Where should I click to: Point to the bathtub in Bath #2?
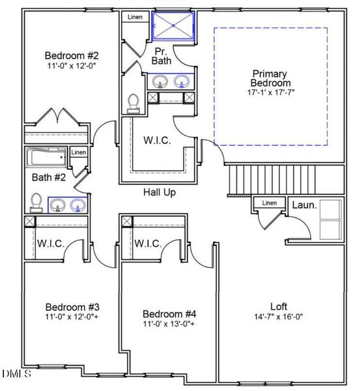pos(46,158)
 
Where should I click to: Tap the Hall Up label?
pos(159,192)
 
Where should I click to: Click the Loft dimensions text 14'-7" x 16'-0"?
pos(279,317)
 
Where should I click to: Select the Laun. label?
pos(304,205)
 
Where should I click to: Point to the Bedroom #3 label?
pos(72,307)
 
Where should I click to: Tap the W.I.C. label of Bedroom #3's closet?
pos(51,244)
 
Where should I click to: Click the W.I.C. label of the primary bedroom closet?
pos(157,140)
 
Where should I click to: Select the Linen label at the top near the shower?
pos(135,17)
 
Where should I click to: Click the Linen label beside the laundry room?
pos(270,203)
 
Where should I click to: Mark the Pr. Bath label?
pos(161,55)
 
